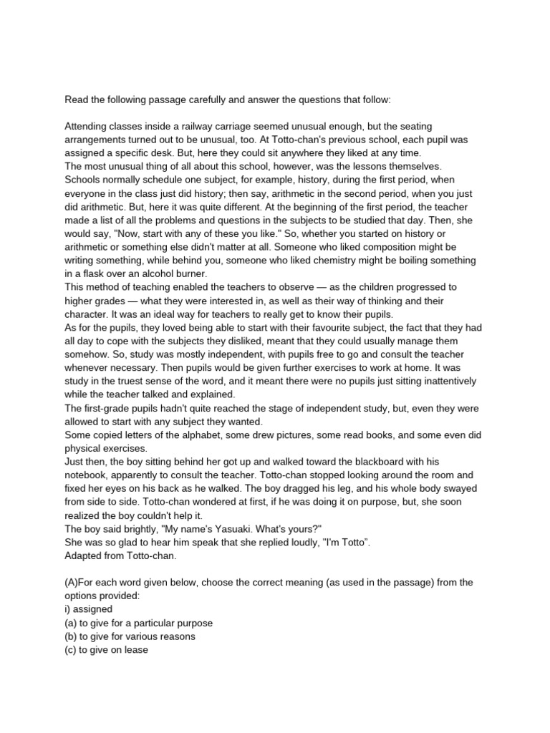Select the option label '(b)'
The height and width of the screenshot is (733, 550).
(72, 636)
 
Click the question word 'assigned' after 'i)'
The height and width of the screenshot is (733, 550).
(93, 609)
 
